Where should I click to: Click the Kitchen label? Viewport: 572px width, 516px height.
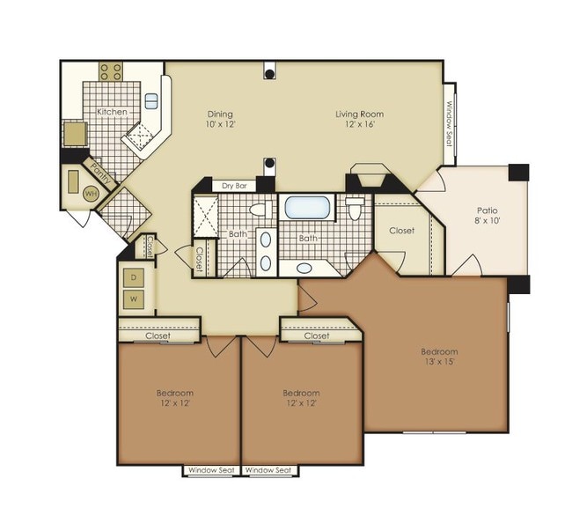click(x=112, y=112)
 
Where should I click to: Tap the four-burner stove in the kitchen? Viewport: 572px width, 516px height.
click(x=111, y=71)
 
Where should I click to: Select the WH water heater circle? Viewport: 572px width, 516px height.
click(x=91, y=194)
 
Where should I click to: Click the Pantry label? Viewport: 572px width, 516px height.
click(x=100, y=173)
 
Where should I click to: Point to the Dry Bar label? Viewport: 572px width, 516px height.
click(x=234, y=186)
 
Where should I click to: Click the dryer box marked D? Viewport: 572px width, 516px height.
click(x=134, y=278)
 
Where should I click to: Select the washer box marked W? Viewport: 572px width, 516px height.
click(x=134, y=299)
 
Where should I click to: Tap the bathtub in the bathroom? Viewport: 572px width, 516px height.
click(x=307, y=208)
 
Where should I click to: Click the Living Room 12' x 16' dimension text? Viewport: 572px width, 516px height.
click(x=360, y=123)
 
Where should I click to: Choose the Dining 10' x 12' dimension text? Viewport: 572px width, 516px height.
click(x=220, y=123)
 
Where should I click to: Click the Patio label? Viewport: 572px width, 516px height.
click(x=487, y=210)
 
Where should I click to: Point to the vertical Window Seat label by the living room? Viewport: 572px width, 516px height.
click(x=450, y=123)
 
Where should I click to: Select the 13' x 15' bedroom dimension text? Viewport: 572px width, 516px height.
click(x=439, y=362)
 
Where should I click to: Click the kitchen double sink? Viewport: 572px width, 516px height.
click(x=151, y=101)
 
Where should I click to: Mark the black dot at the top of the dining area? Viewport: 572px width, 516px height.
click(x=269, y=75)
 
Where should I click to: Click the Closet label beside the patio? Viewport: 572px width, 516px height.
click(x=401, y=231)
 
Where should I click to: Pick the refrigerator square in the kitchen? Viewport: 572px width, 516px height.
click(x=76, y=134)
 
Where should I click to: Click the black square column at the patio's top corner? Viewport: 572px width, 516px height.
click(x=518, y=173)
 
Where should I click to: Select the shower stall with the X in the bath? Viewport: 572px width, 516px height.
click(x=205, y=217)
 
